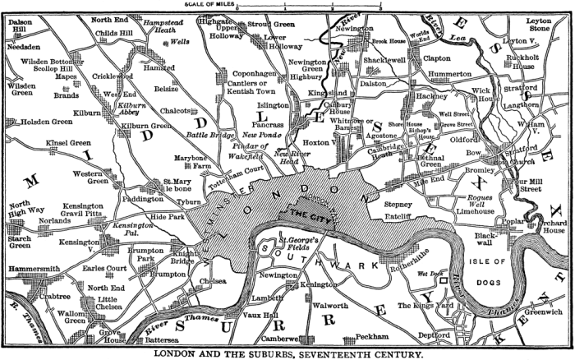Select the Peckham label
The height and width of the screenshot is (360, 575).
coord(371,337)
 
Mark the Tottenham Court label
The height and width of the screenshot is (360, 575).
coord(238,175)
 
